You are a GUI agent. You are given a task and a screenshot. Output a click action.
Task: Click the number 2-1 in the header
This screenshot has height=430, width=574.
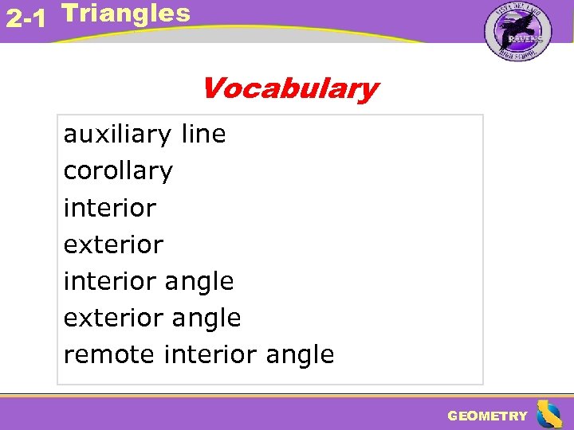pyautogui.click(x=25, y=18)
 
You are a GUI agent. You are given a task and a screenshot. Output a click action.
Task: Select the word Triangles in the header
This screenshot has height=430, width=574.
pyautogui.click(x=125, y=13)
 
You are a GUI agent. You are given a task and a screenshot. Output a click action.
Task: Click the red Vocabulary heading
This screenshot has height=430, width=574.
pyautogui.click(x=289, y=88)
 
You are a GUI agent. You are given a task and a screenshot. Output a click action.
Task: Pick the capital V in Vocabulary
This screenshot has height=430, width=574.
pyautogui.click(x=214, y=88)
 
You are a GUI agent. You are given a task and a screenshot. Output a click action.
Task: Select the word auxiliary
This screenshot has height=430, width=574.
pyautogui.click(x=118, y=135)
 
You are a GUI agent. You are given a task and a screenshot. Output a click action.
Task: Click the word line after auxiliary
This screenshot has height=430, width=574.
pyautogui.click(x=203, y=134)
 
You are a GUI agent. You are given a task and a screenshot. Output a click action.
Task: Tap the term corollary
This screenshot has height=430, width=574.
pyautogui.click(x=118, y=171)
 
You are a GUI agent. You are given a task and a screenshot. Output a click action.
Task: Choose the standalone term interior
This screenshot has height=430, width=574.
pyautogui.click(x=109, y=208)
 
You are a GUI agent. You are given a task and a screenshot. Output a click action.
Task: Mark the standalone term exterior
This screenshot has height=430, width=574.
pyautogui.click(x=113, y=244)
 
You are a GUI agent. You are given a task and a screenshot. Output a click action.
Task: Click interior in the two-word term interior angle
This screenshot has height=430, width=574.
pyautogui.click(x=109, y=281)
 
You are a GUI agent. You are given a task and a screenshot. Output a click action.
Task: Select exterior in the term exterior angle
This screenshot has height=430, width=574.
pyautogui.click(x=113, y=318)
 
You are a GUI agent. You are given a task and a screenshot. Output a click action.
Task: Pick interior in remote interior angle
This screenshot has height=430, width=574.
pyautogui.click(x=209, y=354)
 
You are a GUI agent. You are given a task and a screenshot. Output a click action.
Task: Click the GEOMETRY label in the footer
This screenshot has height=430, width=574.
pyautogui.click(x=487, y=416)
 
